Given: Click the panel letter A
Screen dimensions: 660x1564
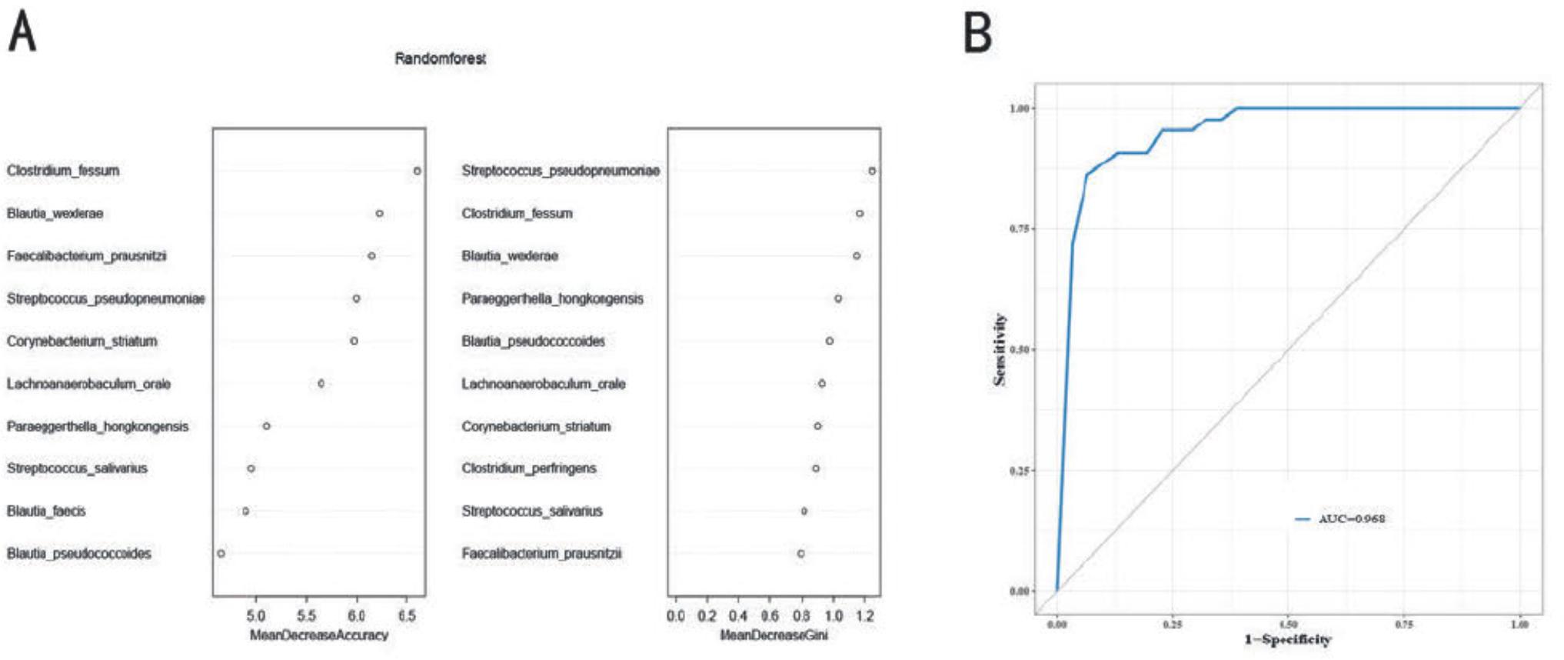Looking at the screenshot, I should pos(22,33).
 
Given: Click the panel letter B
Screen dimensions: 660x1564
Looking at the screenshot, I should pos(977,33).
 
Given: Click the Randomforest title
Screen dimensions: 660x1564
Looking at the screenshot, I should pos(440,58).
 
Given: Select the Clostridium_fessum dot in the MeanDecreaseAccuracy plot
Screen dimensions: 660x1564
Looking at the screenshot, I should pos(418,171).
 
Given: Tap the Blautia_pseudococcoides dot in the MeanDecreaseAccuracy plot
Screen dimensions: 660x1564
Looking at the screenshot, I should pos(221,553).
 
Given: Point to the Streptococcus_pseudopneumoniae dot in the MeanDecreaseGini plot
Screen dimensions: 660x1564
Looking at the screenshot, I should pos(872,171).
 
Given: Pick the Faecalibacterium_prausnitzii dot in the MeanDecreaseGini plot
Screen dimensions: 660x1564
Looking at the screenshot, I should pos(801,553).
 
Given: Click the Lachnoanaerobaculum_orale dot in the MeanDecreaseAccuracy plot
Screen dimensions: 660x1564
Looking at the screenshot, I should pos(321,383).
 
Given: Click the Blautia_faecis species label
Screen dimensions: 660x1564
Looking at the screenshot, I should pos(46,511).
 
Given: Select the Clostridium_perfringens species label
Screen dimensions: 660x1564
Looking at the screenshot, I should pos(529,468).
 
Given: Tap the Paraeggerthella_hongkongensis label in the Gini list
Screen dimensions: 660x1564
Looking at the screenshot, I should pos(552,298).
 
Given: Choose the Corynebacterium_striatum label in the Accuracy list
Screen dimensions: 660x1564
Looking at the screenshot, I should pos(82,341).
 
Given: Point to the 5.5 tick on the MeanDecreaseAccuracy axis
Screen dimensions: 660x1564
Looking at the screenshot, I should pos(306,616).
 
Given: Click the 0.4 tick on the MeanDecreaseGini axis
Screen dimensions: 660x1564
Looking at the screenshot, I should pos(738,616).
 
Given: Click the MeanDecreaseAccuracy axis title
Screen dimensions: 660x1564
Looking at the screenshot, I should pos(319,635).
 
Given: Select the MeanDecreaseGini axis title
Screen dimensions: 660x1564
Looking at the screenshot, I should pos(774,635).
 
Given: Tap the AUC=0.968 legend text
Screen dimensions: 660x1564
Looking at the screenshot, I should pos(1352,518).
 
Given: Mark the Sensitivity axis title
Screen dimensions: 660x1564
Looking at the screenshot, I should pos(1000,349).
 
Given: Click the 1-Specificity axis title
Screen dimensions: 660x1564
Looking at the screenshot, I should pos(1288,639).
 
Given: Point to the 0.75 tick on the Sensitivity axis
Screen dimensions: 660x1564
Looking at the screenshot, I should pos(1019,229).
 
